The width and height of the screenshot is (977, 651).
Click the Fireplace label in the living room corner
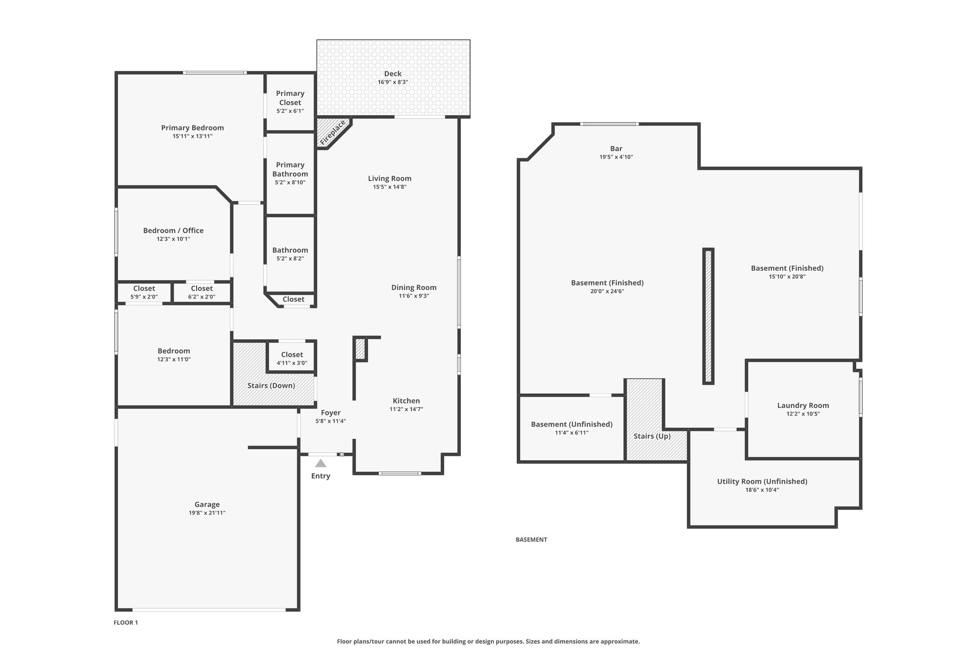point(333,133)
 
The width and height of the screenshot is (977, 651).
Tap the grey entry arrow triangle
point(321,463)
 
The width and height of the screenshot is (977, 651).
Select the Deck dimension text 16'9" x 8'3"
point(393,82)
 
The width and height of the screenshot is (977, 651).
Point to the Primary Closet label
point(290,98)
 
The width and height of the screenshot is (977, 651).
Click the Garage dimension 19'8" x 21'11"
point(207,513)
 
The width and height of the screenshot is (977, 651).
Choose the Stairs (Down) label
point(271,385)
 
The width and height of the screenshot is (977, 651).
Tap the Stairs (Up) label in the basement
point(652,436)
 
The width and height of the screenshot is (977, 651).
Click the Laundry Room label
point(803,405)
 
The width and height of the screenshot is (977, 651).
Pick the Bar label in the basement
point(616,148)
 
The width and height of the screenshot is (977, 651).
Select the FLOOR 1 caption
point(125,622)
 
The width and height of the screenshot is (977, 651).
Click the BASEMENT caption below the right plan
point(531,539)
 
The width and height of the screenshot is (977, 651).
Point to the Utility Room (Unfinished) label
point(762,481)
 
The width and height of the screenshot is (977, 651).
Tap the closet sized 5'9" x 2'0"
point(144,292)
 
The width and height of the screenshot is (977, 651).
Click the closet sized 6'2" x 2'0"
point(202,292)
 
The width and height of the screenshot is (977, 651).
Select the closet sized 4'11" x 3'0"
point(292,358)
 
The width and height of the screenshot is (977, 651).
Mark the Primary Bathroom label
point(290,169)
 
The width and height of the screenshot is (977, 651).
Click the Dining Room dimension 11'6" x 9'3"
point(414,296)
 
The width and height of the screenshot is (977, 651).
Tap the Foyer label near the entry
point(331,413)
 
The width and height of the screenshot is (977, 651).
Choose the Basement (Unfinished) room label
point(572,424)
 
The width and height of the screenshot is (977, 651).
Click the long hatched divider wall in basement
point(708,316)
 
